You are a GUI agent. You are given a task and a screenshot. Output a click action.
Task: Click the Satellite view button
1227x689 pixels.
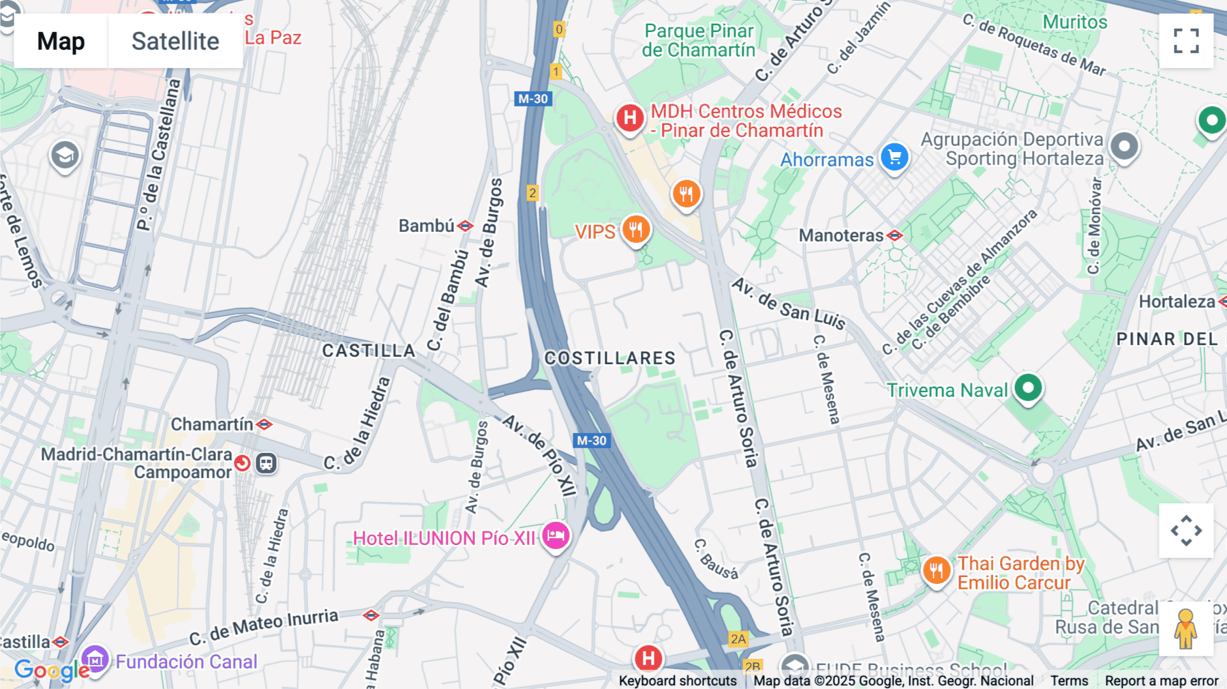tap(175, 42)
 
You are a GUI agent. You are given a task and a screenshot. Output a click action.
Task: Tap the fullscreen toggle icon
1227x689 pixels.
tap(1186, 41)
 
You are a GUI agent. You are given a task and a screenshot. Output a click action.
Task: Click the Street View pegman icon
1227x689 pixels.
tap(1185, 629)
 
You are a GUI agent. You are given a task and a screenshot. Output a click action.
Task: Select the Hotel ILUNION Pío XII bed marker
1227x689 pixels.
tap(556, 536)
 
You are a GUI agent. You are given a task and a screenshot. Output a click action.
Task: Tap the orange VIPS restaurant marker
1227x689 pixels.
tap(635, 230)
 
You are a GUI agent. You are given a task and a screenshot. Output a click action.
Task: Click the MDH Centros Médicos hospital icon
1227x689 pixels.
tap(630, 118)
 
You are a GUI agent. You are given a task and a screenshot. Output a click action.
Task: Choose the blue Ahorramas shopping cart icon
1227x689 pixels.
tap(894, 158)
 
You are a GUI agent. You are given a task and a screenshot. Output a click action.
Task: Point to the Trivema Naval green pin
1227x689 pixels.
tap(1028, 388)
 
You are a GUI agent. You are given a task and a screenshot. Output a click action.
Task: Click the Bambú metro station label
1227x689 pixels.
tap(427, 226)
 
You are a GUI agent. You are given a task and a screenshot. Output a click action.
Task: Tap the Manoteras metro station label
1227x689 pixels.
tap(841, 235)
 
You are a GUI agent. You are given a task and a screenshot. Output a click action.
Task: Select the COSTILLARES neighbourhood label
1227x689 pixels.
tap(610, 358)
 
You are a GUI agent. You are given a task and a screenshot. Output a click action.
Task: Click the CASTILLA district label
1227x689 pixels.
tap(369, 351)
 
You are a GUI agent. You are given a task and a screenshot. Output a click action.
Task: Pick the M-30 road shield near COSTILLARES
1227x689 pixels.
tap(591, 441)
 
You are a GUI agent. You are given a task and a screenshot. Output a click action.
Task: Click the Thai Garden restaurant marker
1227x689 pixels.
tap(937, 570)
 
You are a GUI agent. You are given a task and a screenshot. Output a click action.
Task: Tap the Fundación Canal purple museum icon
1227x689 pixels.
tap(95, 660)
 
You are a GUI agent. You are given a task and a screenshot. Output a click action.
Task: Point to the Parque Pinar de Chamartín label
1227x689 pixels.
tap(699, 40)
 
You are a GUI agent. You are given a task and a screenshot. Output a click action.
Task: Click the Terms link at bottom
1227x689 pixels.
tap(1069, 681)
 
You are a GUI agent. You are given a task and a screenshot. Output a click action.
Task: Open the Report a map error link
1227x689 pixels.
tap(1161, 681)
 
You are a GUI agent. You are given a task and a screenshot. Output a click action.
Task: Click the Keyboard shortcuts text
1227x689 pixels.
tap(678, 681)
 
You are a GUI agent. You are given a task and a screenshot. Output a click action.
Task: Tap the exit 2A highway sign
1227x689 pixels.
tap(738, 639)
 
